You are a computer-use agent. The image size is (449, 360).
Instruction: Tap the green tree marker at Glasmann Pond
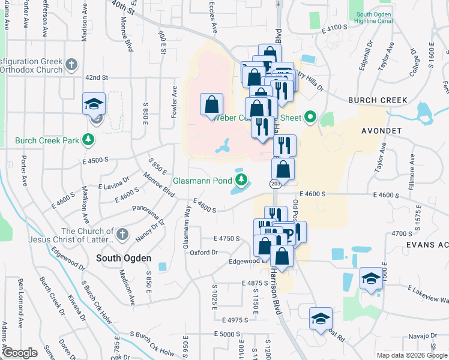[x=241, y=179]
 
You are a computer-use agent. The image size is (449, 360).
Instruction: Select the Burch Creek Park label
[x=47, y=141]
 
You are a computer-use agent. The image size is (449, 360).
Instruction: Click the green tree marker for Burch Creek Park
[x=89, y=140]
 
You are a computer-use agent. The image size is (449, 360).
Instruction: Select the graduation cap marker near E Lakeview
[x=371, y=278]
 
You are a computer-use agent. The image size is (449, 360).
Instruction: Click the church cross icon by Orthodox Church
[x=71, y=65]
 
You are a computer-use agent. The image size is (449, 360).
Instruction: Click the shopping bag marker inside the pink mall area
[x=211, y=104]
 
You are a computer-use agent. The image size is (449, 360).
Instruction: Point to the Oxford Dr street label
[x=203, y=253]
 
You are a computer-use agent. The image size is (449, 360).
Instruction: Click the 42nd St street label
[x=96, y=78]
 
